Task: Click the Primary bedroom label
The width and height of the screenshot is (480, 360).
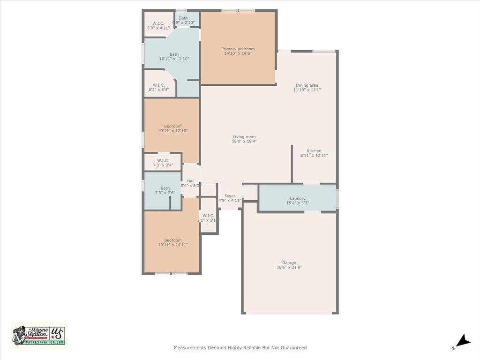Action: point(238,49)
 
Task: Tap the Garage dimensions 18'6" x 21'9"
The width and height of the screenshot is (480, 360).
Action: point(289,268)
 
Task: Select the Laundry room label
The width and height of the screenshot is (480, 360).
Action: point(297,198)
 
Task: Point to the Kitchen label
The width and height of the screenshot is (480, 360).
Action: point(314,151)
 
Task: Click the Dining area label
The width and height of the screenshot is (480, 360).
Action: point(307,85)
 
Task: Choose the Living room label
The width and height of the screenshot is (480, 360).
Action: point(244,137)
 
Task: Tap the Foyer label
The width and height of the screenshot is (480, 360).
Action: point(230,196)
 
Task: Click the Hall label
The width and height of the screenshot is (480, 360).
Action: point(190,181)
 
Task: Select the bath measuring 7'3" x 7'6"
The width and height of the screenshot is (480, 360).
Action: point(165,188)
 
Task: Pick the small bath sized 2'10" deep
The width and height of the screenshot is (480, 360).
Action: point(183,18)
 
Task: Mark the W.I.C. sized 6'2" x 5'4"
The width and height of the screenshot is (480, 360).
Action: point(158,85)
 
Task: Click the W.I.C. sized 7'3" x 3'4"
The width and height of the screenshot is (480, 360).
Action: point(163,160)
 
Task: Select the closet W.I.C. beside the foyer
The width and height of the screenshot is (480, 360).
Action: point(208,216)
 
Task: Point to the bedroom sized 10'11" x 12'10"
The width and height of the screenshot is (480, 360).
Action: point(172,126)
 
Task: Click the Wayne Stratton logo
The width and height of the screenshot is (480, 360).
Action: point(39,335)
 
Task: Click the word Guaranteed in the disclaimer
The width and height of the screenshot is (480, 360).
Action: point(292,348)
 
